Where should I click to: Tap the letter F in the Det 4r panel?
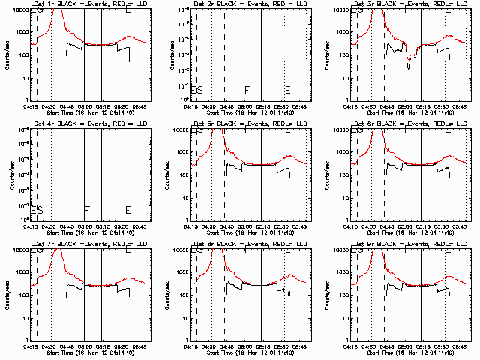point(86,210)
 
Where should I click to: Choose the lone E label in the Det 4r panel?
point(127,210)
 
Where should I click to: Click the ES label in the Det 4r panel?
point(36,210)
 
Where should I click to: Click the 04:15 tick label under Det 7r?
point(31,346)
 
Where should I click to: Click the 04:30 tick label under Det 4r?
point(49,226)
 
